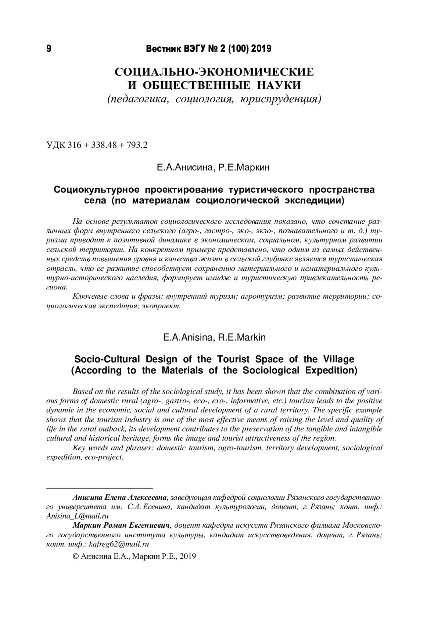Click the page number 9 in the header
49,49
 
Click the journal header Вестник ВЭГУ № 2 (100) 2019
209,49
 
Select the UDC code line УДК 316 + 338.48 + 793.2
97,145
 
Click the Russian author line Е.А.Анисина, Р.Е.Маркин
213,168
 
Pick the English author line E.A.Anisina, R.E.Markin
214,337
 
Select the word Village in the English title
339,359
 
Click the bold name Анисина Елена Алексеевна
120,498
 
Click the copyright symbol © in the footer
76,556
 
